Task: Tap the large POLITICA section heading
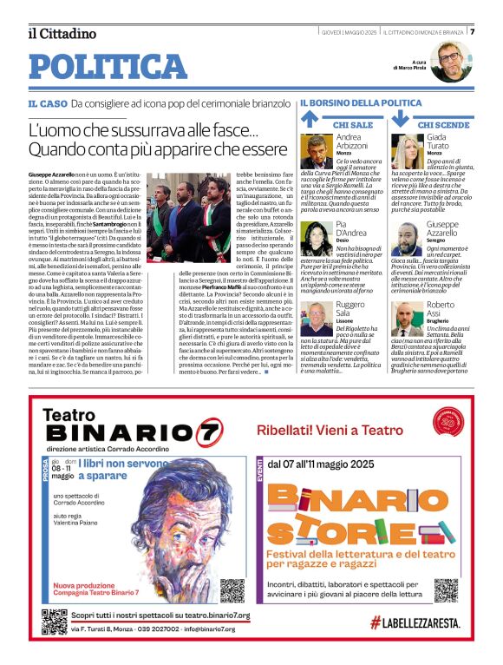(x=108, y=67)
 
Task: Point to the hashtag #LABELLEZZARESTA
(x=413, y=622)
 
